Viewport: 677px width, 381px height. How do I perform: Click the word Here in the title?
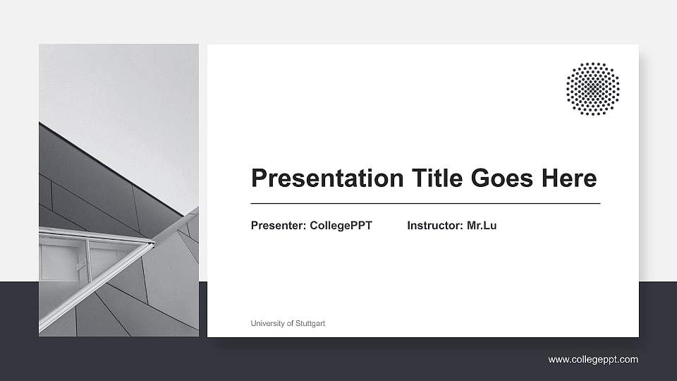pyautogui.click(x=568, y=179)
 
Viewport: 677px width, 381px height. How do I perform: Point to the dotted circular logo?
pyautogui.click(x=592, y=88)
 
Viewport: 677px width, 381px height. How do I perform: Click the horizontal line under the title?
pyautogui.click(x=425, y=203)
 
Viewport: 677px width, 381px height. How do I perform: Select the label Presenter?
pyautogui.click(x=279, y=226)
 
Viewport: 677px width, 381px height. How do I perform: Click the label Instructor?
pyautogui.click(x=435, y=226)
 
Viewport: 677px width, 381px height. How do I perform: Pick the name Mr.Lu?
pyautogui.click(x=482, y=226)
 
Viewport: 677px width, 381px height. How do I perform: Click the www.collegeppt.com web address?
pyautogui.click(x=593, y=360)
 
